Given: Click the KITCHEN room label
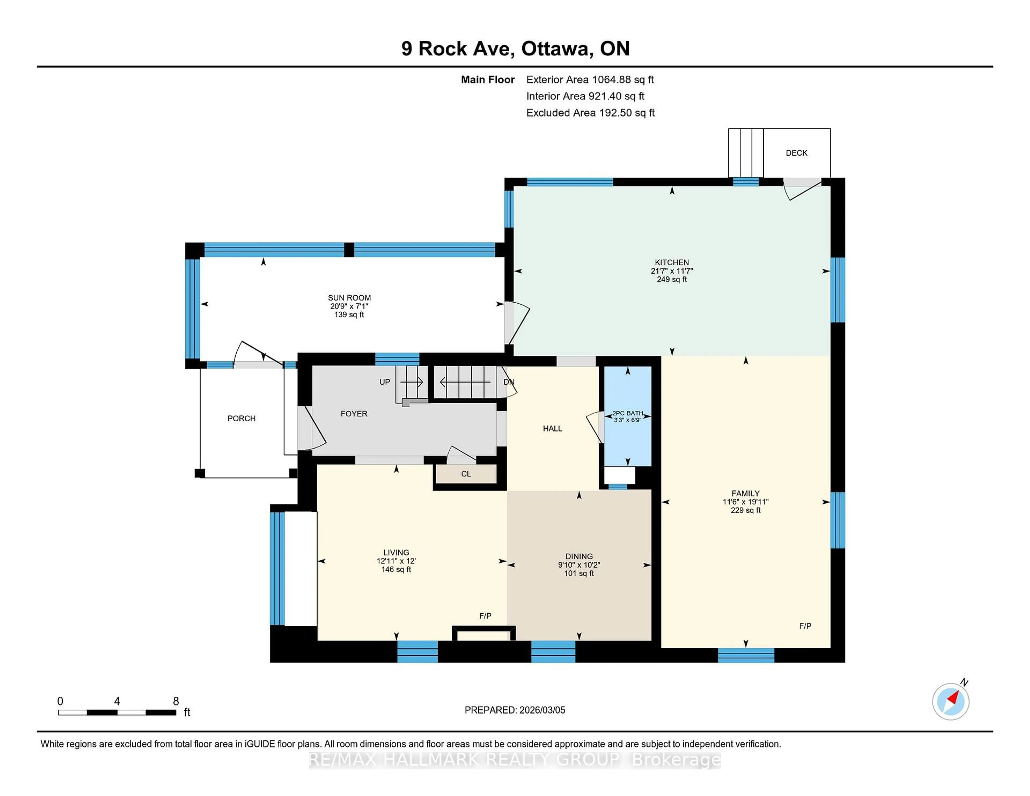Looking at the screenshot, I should (672, 262).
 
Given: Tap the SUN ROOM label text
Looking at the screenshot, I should (349, 297).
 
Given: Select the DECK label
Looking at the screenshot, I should (796, 153).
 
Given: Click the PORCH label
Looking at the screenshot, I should (241, 418).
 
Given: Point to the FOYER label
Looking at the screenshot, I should (354, 414).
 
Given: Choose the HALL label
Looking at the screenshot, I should (552, 429).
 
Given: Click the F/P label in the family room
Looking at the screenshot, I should (805, 626).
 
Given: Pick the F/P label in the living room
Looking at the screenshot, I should (485, 616).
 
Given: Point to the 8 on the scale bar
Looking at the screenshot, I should (176, 701).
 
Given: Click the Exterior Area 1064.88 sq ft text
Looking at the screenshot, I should (590, 80).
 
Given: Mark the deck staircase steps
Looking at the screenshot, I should (746, 153).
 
